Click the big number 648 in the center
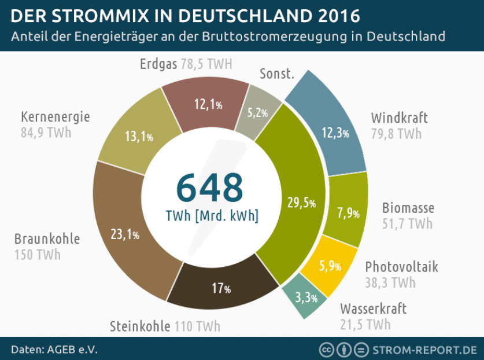coord(209,187)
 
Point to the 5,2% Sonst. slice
coord(258,112)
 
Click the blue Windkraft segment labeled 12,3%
coord(335,133)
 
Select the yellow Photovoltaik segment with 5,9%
coord(330,266)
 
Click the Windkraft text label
coord(400,119)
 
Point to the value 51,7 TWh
coord(407,223)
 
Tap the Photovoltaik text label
coord(401,267)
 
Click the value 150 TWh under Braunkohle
coord(38,255)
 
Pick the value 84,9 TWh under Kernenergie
coord(46,133)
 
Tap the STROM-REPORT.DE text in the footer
coord(424,350)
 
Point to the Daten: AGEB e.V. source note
coord(54,350)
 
